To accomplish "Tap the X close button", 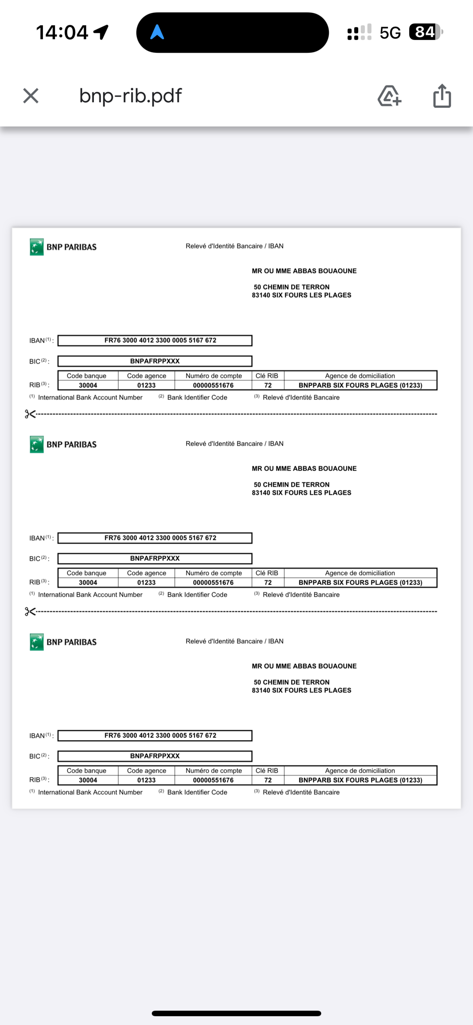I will pos(31,96).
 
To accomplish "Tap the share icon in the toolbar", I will pos(442,96).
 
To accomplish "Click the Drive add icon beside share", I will pos(389,96).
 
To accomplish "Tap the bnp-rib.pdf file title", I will pos(130,96).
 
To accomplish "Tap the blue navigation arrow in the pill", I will pos(157,32).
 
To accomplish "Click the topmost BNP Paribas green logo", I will pos(37,247).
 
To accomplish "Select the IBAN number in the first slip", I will pos(160,340).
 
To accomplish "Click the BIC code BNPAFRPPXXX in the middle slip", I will pos(155,558).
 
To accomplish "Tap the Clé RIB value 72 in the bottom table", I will pos(268,780).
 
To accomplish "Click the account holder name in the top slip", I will pos(304,271).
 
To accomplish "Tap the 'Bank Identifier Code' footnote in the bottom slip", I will pos(197,792).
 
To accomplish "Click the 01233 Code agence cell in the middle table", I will pos(147,583).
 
